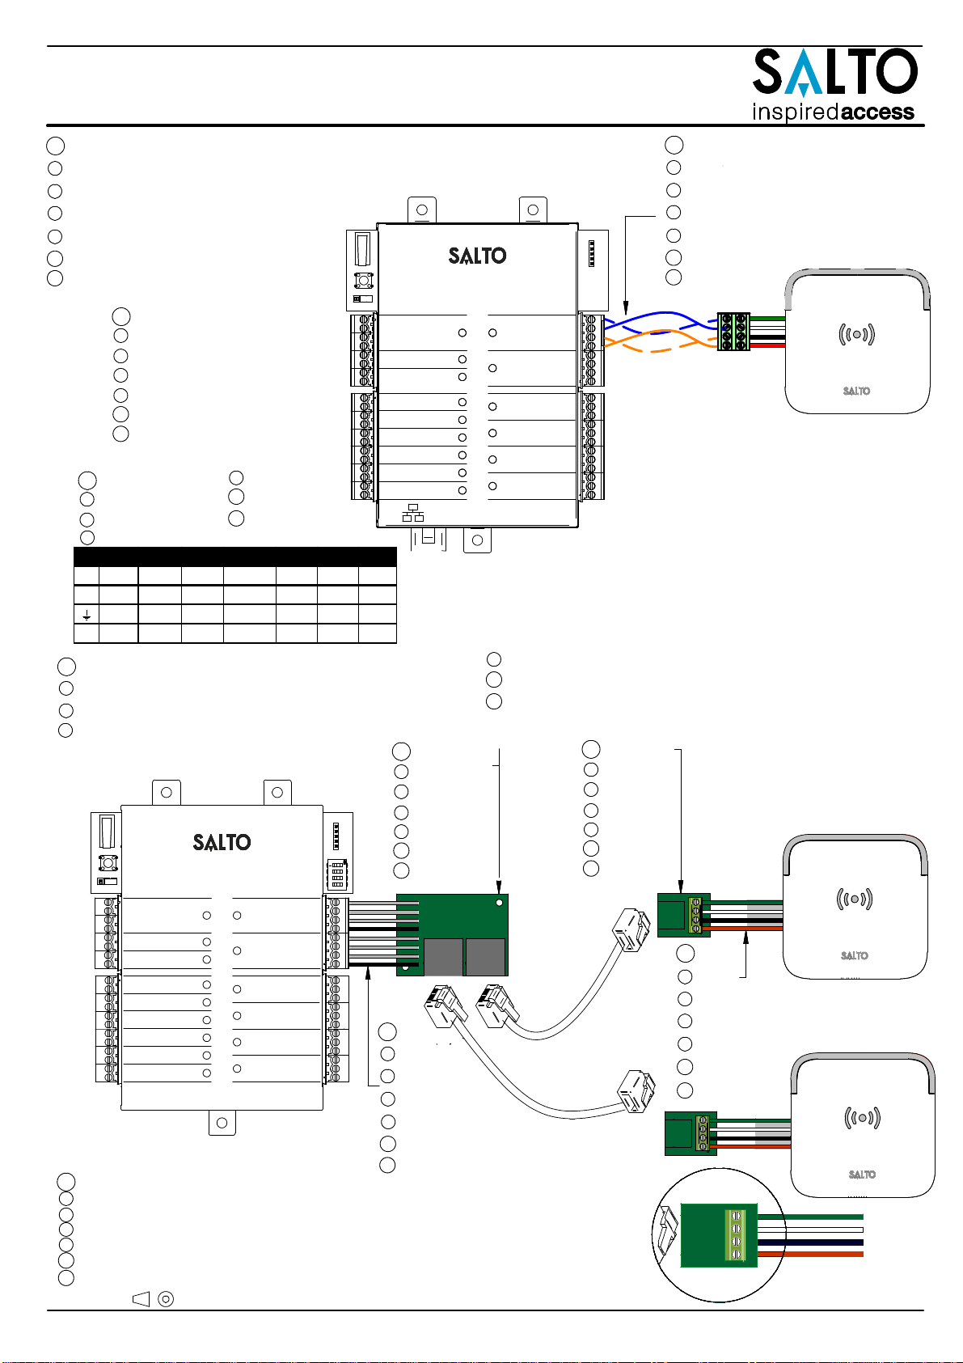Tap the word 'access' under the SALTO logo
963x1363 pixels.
click(x=876, y=112)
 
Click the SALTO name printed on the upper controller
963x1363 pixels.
click(x=477, y=256)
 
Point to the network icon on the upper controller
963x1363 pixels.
click(x=413, y=513)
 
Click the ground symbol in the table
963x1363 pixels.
click(x=87, y=616)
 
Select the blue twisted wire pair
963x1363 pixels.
click(x=661, y=323)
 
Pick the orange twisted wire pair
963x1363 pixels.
click(x=661, y=341)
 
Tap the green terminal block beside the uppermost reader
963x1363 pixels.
click(x=733, y=332)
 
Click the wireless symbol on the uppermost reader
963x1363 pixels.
click(x=856, y=334)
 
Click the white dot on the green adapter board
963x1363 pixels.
click(x=500, y=903)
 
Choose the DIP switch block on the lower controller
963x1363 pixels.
click(x=336, y=874)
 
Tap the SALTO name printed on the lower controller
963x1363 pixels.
click(x=222, y=843)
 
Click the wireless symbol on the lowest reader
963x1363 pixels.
click(x=862, y=1118)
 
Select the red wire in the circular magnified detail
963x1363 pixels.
click(x=810, y=1254)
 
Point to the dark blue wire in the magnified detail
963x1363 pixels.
click(x=810, y=1242)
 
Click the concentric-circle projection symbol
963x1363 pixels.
click(x=166, y=1299)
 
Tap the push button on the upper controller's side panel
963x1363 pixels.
click(x=364, y=281)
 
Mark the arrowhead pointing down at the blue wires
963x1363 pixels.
click(x=625, y=308)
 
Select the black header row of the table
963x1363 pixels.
click(x=234, y=557)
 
